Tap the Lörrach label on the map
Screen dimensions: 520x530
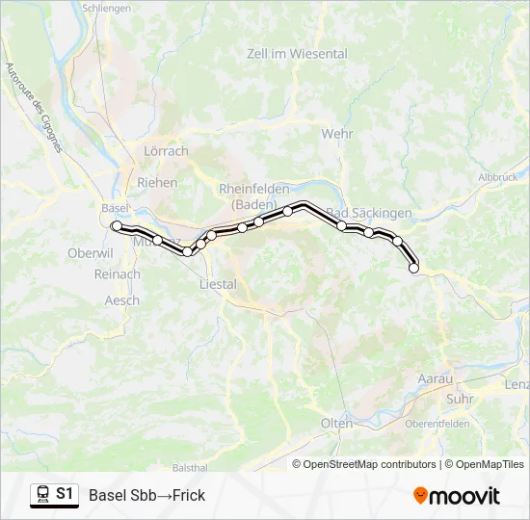(x=166, y=151)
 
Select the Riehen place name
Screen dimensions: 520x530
(x=158, y=182)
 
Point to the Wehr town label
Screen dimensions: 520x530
(x=337, y=134)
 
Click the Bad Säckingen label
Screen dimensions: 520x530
(x=370, y=212)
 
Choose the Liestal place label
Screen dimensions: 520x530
(x=217, y=284)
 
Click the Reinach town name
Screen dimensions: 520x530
(x=118, y=274)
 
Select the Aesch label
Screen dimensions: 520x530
(x=121, y=300)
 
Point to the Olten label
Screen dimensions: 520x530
(x=336, y=424)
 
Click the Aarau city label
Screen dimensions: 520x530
(x=435, y=379)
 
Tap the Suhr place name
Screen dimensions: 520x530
(x=462, y=398)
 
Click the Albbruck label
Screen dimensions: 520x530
(x=497, y=177)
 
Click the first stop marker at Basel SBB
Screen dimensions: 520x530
(x=117, y=226)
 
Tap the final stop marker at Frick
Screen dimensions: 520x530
(x=414, y=269)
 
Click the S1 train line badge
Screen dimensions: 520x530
(x=54, y=494)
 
